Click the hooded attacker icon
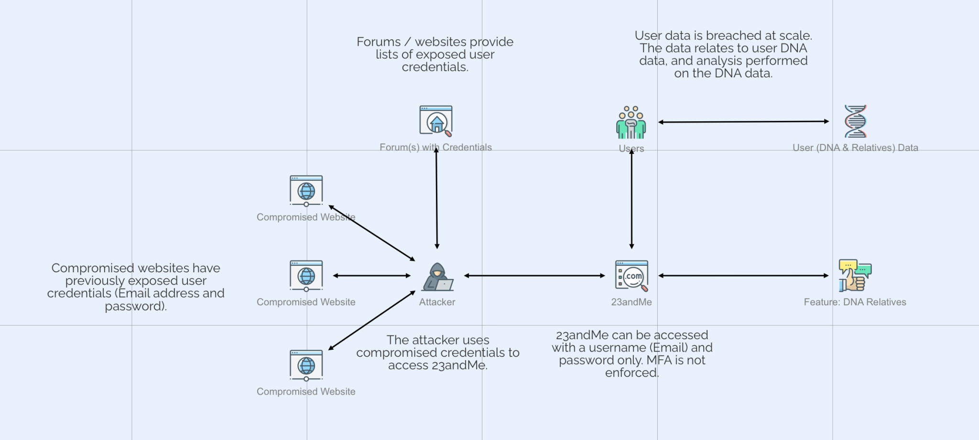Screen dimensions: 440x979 click(x=437, y=277)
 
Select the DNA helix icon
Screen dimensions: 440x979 click(x=855, y=121)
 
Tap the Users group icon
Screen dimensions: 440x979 click(x=631, y=123)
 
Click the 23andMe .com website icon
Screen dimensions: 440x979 click(x=631, y=276)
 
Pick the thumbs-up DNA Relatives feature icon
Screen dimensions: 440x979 click(x=855, y=276)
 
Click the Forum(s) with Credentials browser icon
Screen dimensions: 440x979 click(x=436, y=121)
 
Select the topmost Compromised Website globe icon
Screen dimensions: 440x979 click(x=306, y=191)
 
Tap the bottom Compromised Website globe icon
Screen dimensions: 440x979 click(x=306, y=365)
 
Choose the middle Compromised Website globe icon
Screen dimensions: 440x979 click(x=306, y=276)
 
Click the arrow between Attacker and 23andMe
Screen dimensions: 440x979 click(x=534, y=276)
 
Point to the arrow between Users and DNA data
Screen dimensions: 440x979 click(x=743, y=122)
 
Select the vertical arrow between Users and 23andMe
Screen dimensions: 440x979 click(x=631, y=198)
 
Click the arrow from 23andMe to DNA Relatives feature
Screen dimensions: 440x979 click(x=743, y=276)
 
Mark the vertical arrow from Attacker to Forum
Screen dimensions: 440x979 click(x=436, y=198)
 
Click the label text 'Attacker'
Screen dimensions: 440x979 click(x=437, y=302)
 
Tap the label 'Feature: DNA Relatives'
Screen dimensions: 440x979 click(x=855, y=302)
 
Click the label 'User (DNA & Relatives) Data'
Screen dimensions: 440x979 click(x=855, y=148)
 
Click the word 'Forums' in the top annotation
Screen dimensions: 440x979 click(x=379, y=42)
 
